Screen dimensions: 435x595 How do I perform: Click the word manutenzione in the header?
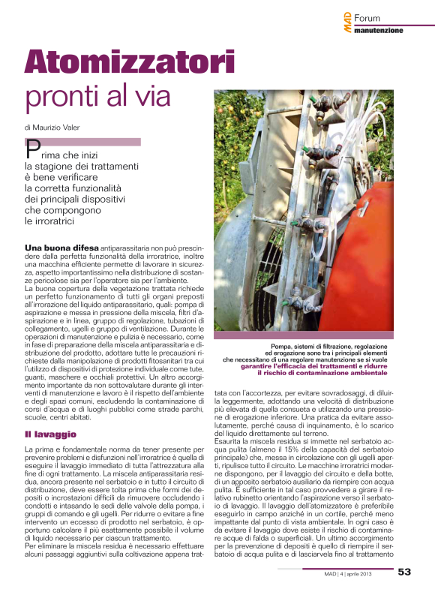pyautogui.click(x=379, y=31)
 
